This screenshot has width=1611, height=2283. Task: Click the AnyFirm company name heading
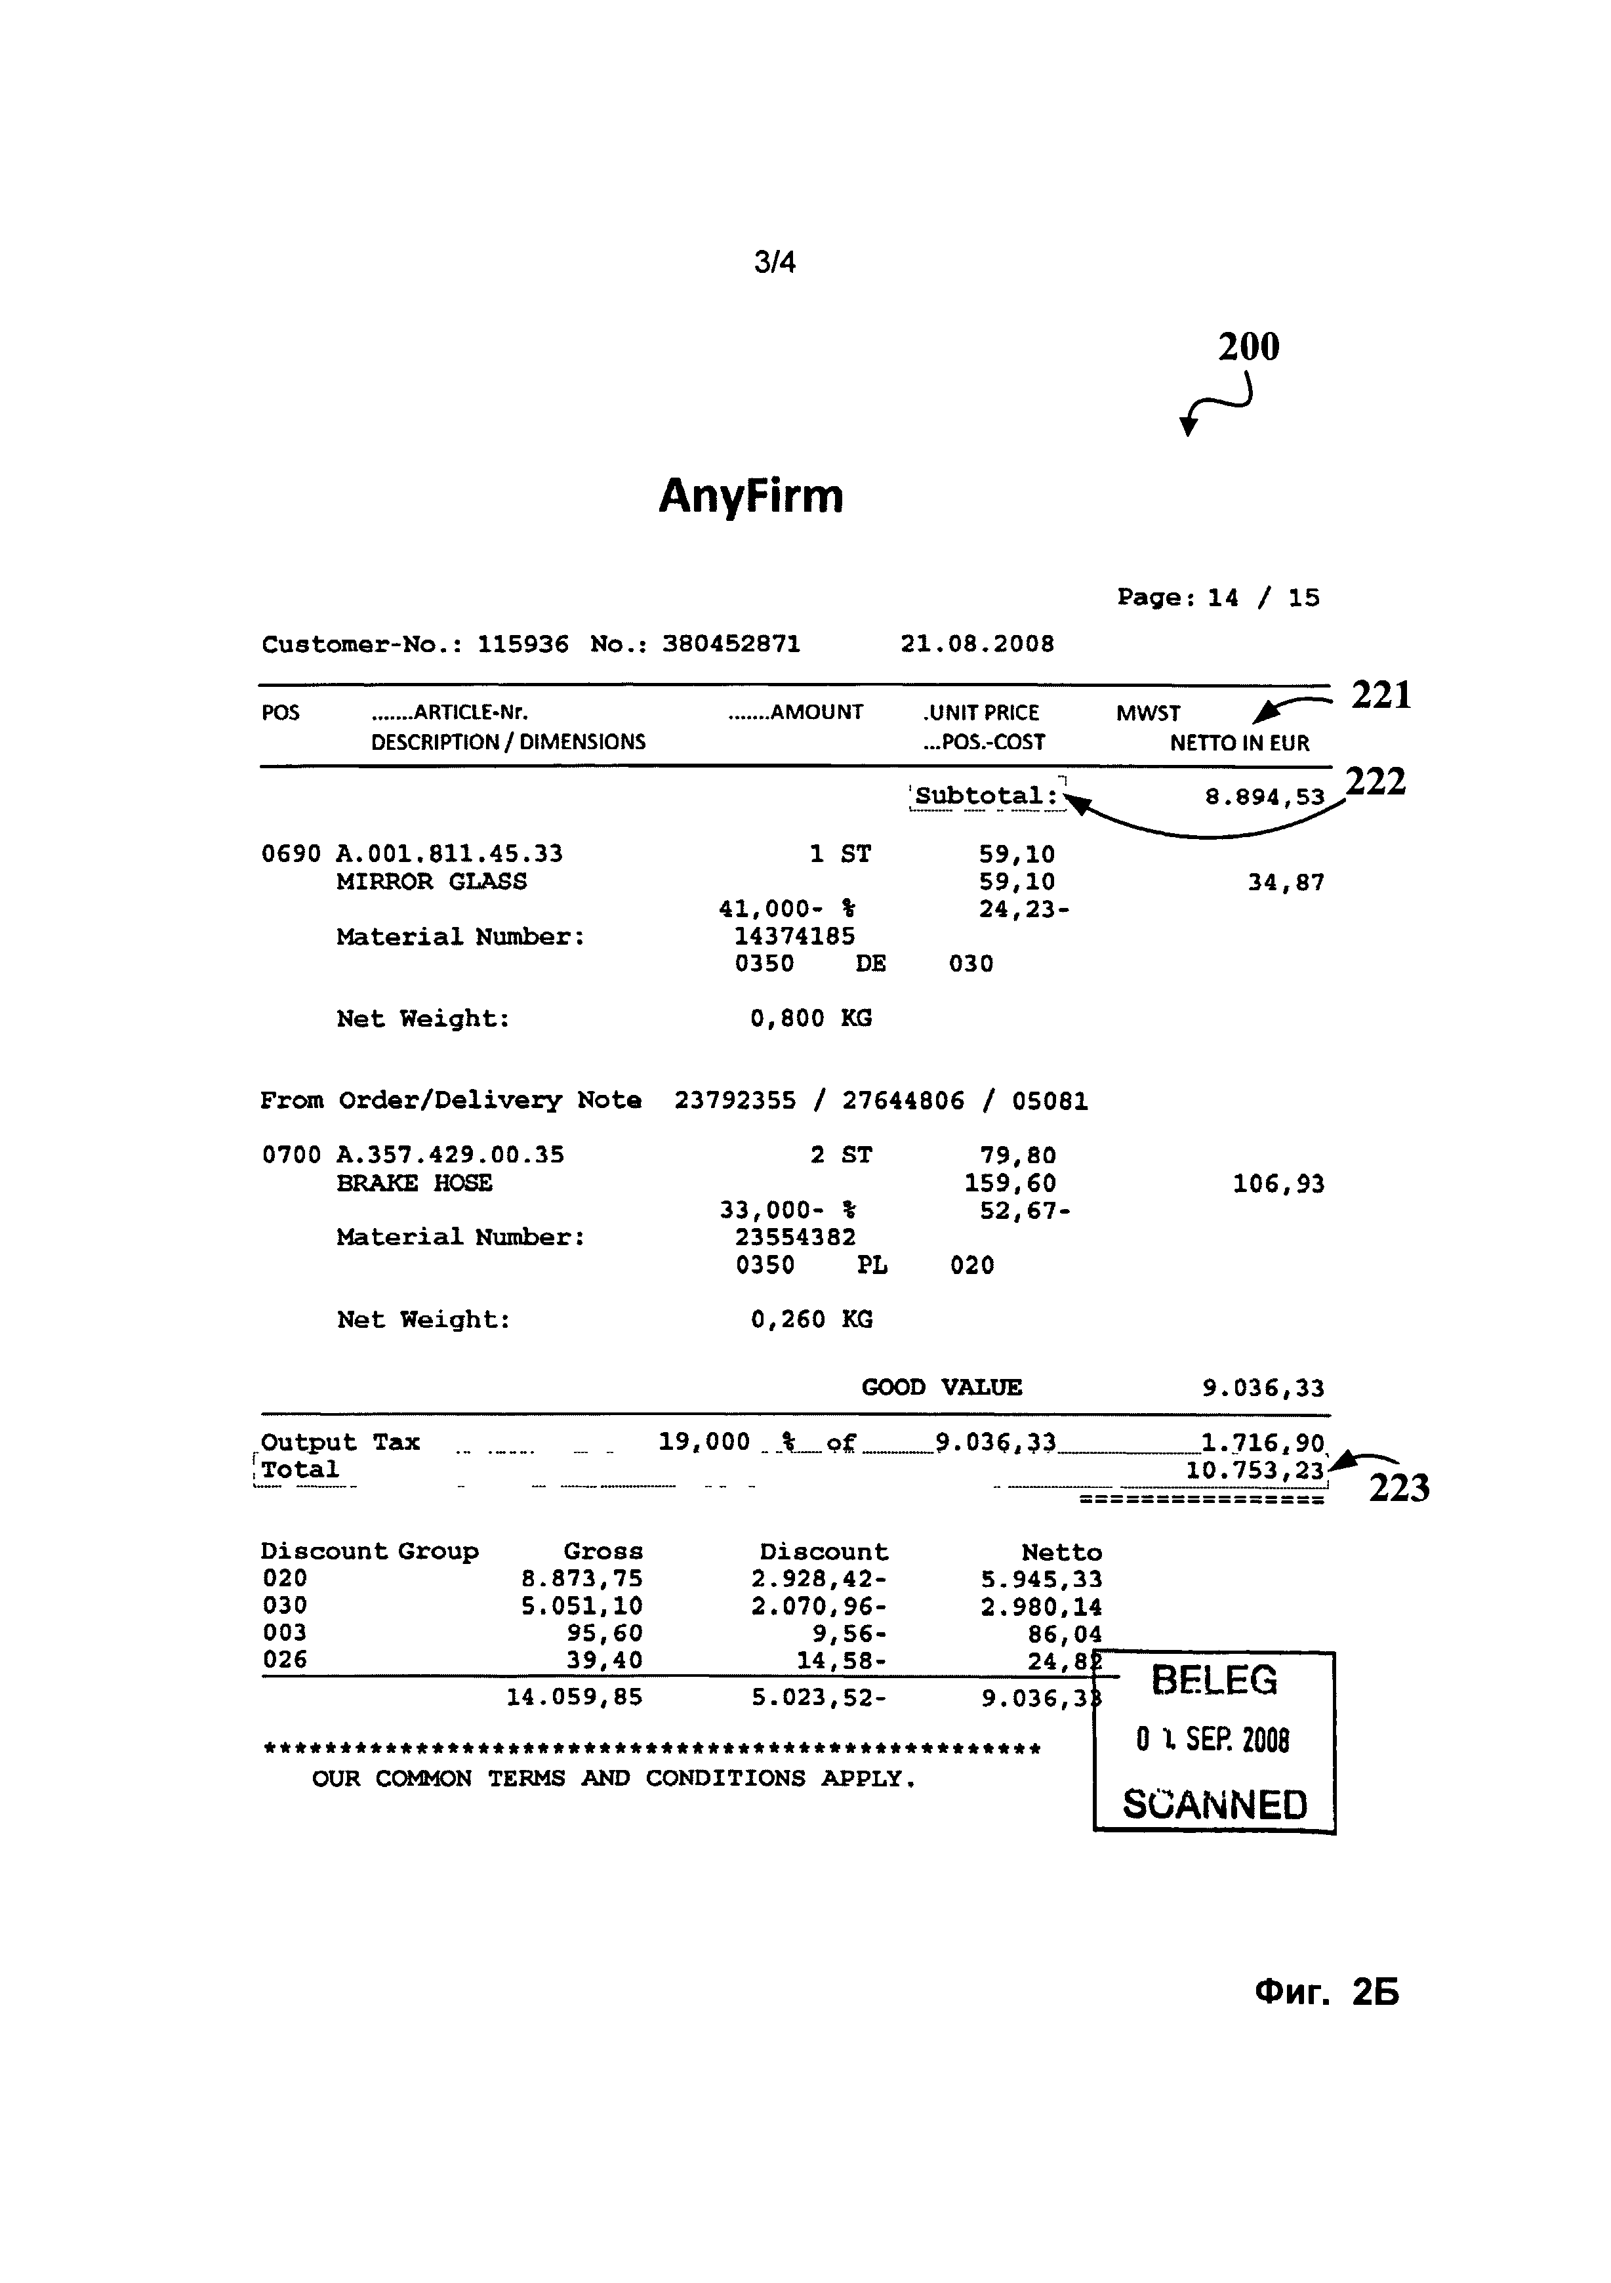coord(751,495)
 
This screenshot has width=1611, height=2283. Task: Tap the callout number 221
coord(1380,695)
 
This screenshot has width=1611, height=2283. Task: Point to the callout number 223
coord(1398,1487)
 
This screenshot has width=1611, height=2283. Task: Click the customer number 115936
coord(523,644)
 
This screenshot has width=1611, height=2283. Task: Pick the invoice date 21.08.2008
coord(977,644)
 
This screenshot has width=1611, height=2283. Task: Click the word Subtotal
coord(985,796)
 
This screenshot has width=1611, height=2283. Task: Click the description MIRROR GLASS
coord(432,882)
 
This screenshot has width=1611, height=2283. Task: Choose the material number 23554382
coord(794,1238)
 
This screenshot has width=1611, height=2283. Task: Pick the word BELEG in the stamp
coord(1213,1680)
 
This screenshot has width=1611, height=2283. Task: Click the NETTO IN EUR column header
coord(1239,743)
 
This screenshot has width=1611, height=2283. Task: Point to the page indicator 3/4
coord(775,262)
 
